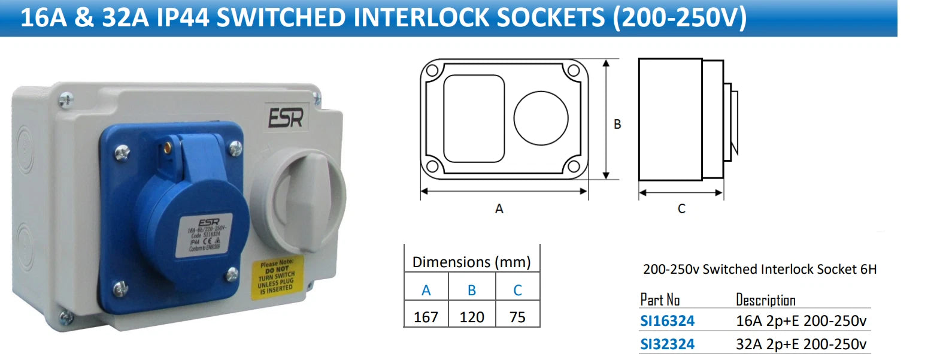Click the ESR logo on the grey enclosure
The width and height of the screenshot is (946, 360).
click(x=286, y=117)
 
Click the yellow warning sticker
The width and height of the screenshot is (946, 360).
click(x=276, y=277)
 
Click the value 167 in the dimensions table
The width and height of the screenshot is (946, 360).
click(x=426, y=317)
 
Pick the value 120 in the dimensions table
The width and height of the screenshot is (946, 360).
click(x=472, y=317)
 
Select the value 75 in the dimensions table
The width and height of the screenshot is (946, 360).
click(x=517, y=317)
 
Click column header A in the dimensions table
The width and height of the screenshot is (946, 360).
click(x=426, y=291)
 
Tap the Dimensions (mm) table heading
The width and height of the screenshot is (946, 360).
click(x=472, y=262)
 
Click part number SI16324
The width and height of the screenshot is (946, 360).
click(x=667, y=321)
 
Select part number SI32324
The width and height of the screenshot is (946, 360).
click(x=667, y=344)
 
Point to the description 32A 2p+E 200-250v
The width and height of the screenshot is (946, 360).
click(x=801, y=344)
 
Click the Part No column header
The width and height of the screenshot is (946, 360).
click(x=660, y=300)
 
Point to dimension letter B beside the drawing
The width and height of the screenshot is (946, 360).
click(x=617, y=125)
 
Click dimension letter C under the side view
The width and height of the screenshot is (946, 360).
click(x=681, y=209)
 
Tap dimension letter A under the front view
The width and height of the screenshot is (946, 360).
click(x=499, y=209)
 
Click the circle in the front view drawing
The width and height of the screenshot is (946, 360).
click(x=541, y=118)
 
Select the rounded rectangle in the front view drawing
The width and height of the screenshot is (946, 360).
click(x=474, y=118)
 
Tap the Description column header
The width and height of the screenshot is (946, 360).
click(x=765, y=300)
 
